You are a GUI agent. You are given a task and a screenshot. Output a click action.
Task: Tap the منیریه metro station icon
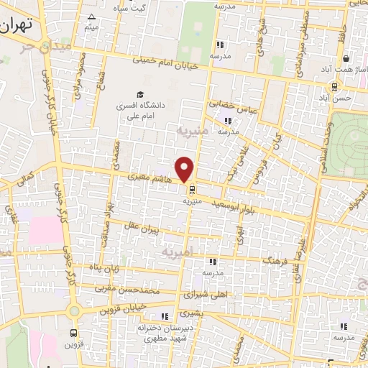coord(192,190)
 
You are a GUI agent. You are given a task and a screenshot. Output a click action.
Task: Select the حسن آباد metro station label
coord(336,96)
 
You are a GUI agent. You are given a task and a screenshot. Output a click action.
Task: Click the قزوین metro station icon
coord(74,333)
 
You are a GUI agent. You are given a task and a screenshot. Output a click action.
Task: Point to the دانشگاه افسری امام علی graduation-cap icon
coord(140,94)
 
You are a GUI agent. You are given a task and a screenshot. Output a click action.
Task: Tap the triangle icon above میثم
coord(91,17)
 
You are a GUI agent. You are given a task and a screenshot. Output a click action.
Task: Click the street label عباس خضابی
coord(232,108)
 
